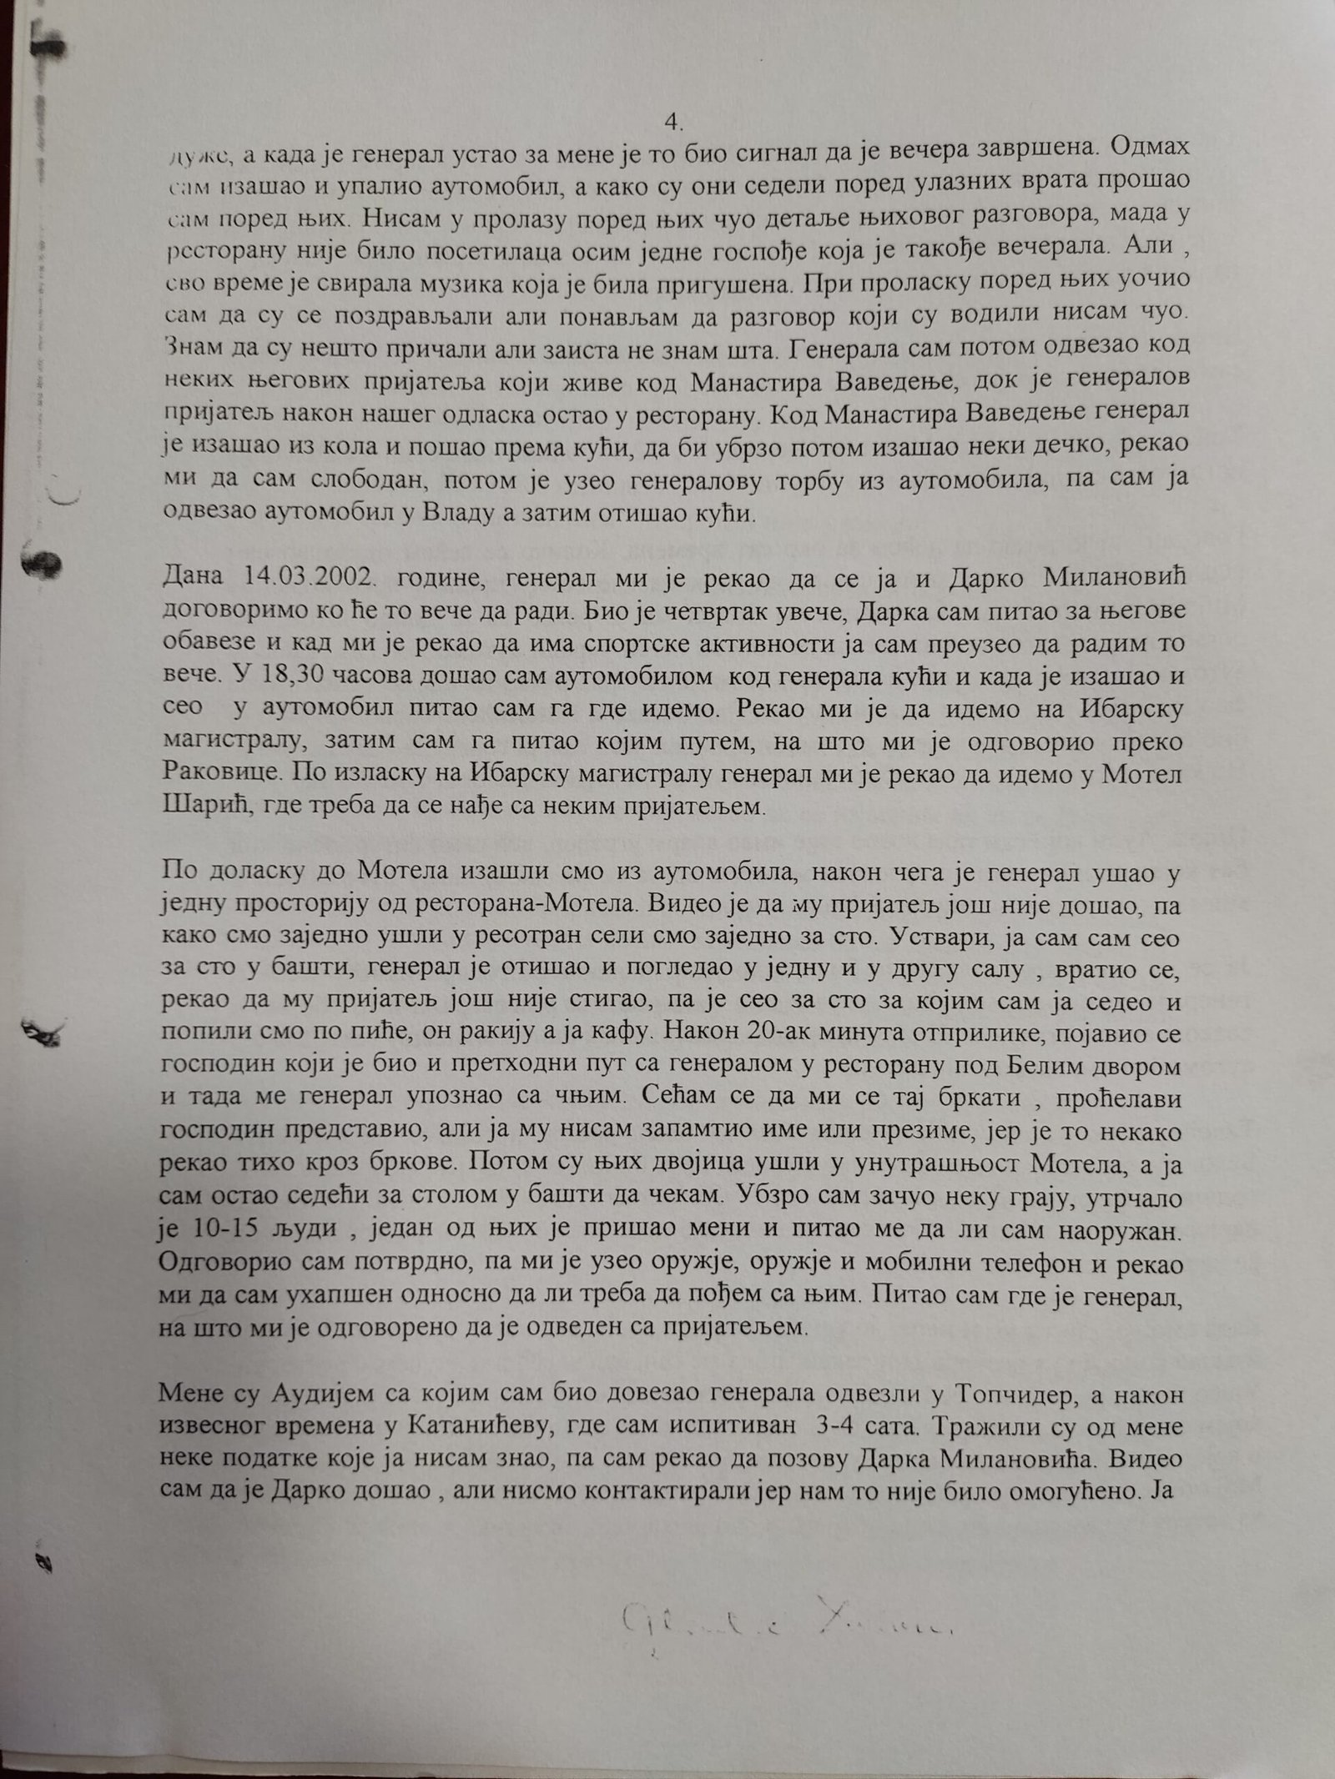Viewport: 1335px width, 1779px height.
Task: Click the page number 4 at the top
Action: pyautogui.click(x=674, y=123)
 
